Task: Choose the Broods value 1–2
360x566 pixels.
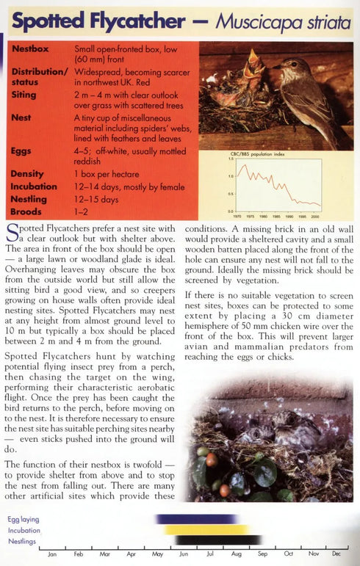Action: [83, 211]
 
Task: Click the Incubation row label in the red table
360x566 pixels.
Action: [35, 186]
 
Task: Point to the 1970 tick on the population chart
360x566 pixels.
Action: [237, 217]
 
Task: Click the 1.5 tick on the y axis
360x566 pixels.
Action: [229, 159]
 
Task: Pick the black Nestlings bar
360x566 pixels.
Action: [220, 540]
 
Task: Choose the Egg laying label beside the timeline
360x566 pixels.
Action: [24, 519]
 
